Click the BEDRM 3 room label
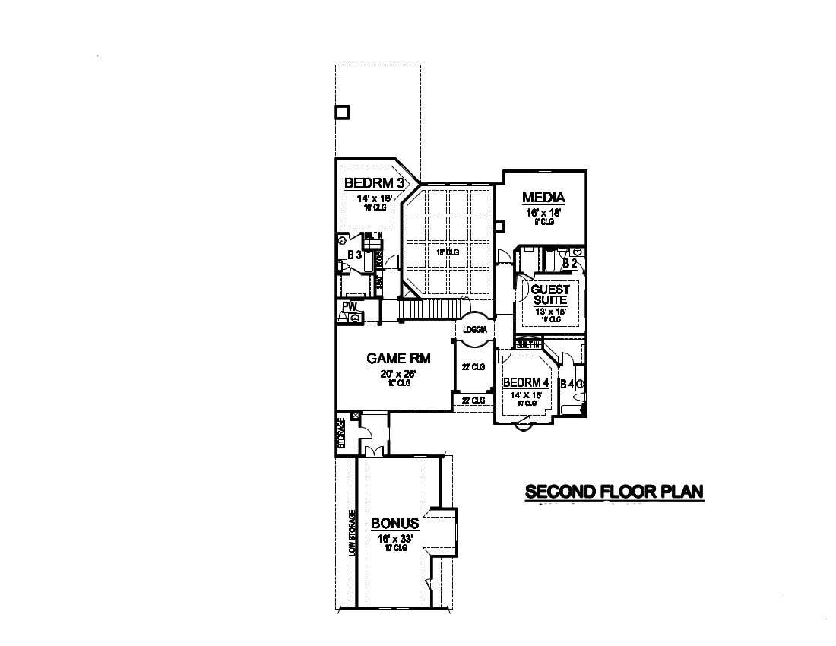pyautogui.click(x=372, y=183)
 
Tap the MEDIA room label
pyautogui.click(x=543, y=198)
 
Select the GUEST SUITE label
pyautogui.click(x=549, y=295)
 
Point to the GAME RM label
pyautogui.click(x=390, y=358)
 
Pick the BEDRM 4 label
pyautogui.click(x=526, y=382)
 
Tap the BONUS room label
pyautogui.click(x=394, y=524)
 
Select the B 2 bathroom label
pyautogui.click(x=569, y=263)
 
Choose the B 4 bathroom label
pyautogui.click(x=567, y=385)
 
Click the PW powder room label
pyautogui.click(x=350, y=306)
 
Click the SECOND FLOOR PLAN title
pyautogui.click(x=614, y=492)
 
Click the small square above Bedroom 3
pyautogui.click(x=342, y=112)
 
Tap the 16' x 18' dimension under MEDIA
pyautogui.click(x=543, y=214)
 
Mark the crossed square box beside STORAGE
pyautogui.click(x=355, y=416)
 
